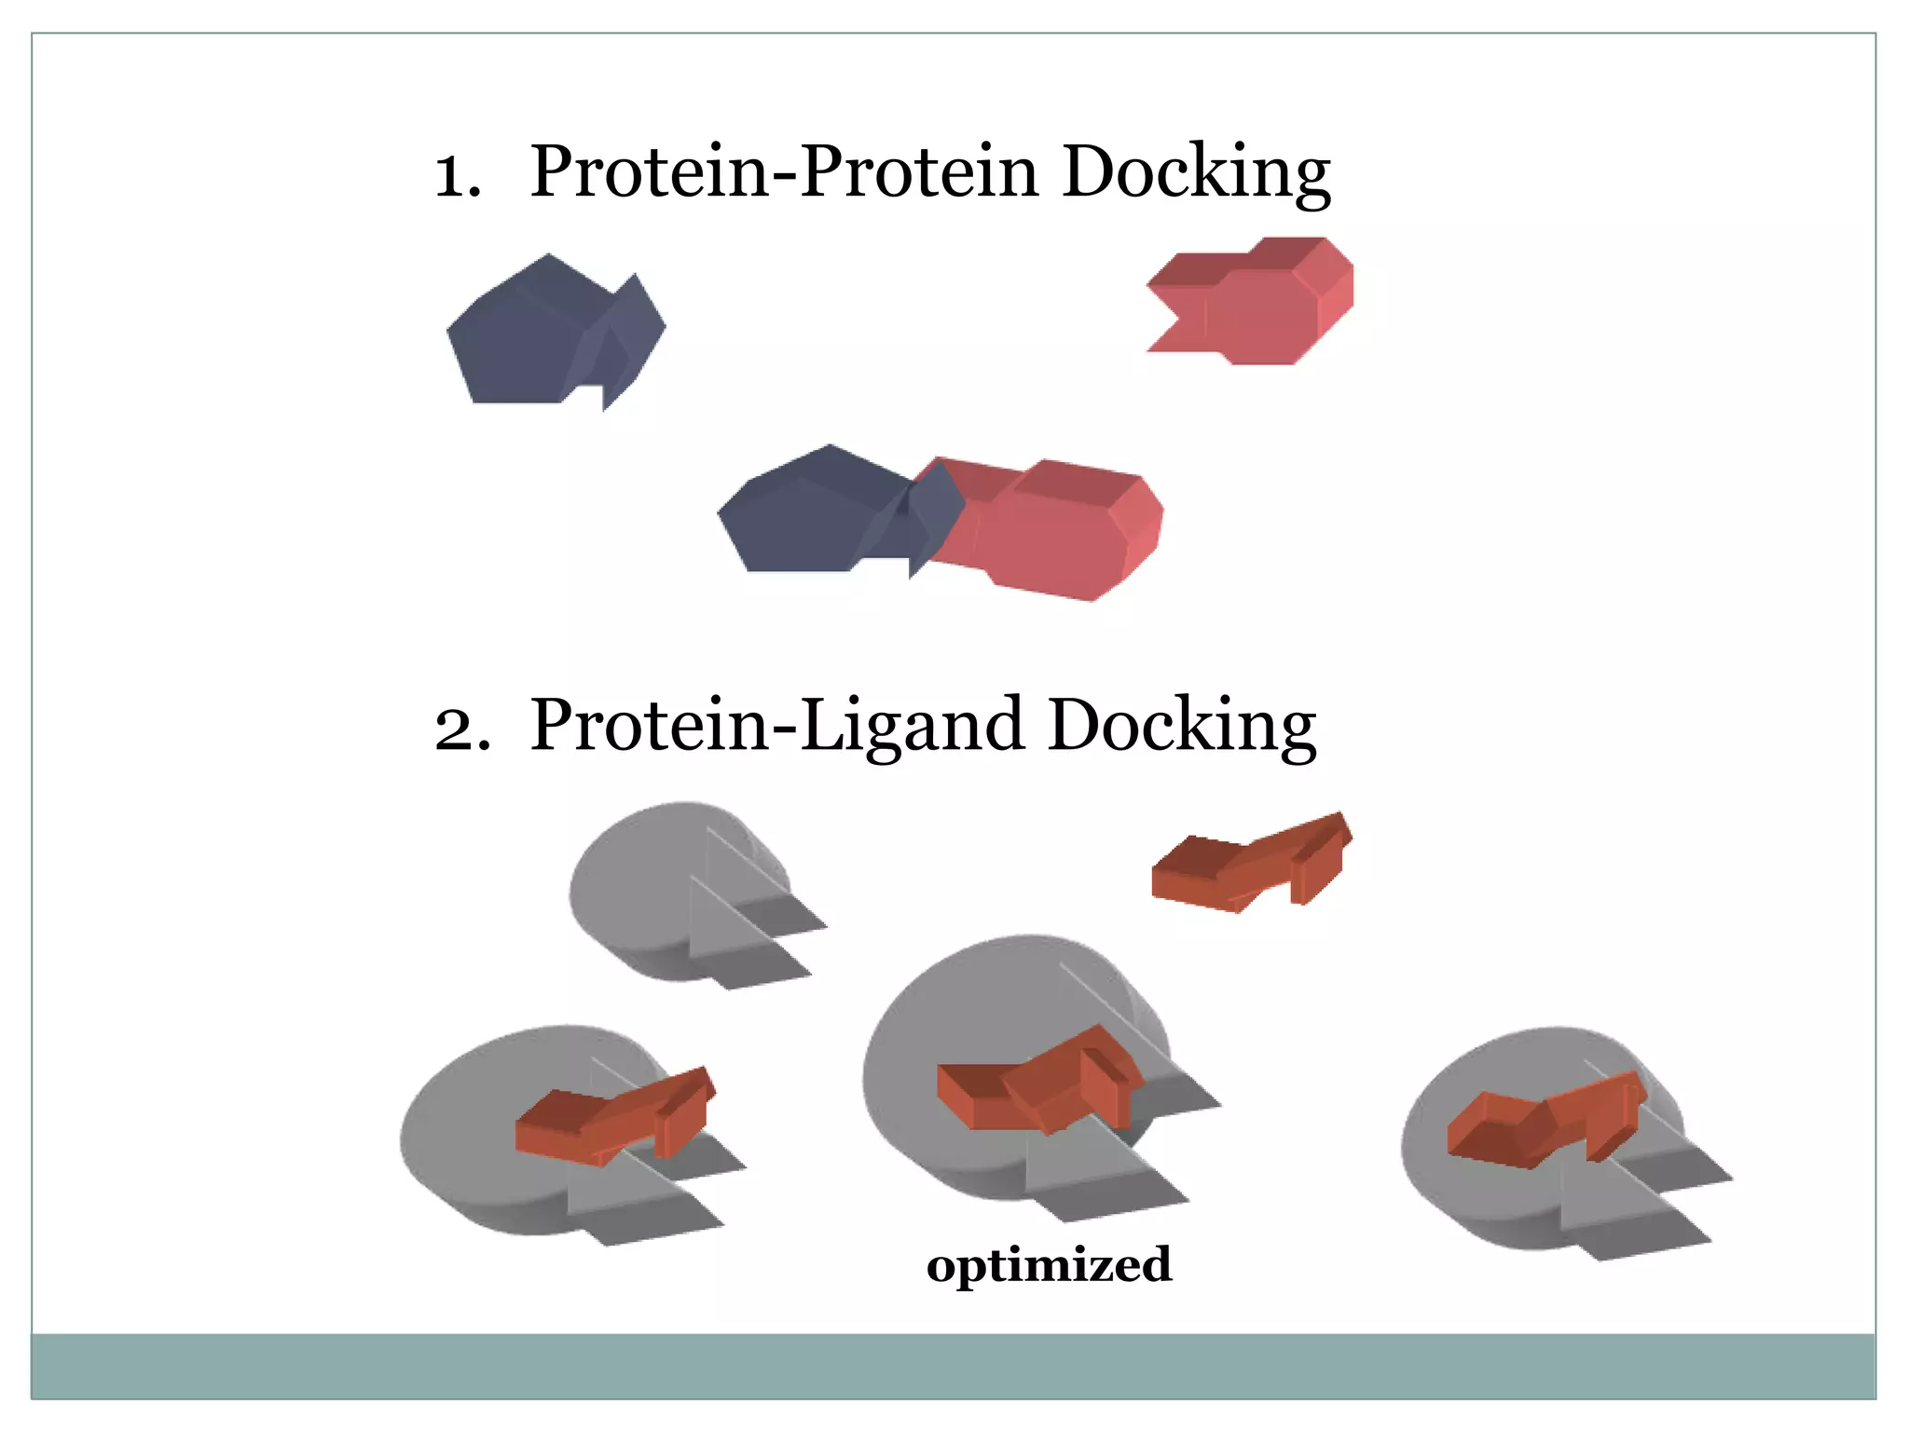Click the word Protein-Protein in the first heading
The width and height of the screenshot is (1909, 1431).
click(x=783, y=173)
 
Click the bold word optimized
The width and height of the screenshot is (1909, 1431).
click(x=1049, y=1265)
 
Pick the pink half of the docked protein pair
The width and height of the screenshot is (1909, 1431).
click(x=1063, y=531)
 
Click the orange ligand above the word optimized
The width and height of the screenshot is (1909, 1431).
click(x=1035, y=1081)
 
